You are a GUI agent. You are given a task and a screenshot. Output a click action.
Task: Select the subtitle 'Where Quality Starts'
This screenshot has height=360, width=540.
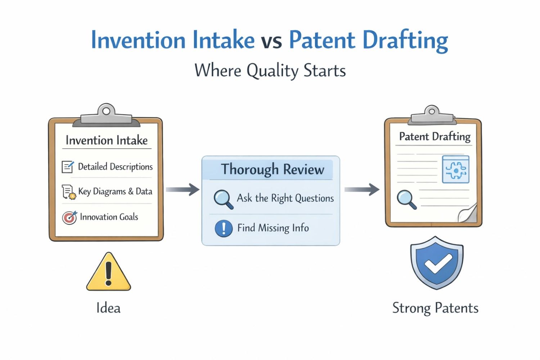(270, 70)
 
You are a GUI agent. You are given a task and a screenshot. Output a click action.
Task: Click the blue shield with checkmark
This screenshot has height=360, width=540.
(437, 263)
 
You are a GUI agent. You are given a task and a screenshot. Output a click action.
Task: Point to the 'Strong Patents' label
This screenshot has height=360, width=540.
(435, 308)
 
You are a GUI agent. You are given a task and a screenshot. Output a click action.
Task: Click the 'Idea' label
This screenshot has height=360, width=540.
(108, 308)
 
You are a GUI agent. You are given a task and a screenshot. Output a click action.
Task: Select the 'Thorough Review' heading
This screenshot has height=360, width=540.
(273, 169)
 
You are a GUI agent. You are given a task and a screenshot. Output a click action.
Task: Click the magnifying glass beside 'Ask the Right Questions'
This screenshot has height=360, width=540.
(223, 199)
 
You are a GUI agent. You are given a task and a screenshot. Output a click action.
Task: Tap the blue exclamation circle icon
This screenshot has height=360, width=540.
(224, 228)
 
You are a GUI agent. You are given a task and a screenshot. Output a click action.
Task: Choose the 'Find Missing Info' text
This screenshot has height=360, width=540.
(273, 228)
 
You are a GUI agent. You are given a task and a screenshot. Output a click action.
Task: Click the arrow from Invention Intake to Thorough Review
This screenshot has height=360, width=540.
(183, 189)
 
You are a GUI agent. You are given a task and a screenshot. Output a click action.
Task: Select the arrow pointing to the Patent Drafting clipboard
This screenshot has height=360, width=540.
(362, 189)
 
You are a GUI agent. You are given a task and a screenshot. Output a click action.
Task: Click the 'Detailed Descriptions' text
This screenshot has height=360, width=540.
(115, 167)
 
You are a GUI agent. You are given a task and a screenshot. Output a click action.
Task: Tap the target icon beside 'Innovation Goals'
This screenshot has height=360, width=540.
(69, 217)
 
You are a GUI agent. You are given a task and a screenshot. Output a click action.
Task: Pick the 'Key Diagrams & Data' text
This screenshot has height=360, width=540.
(115, 192)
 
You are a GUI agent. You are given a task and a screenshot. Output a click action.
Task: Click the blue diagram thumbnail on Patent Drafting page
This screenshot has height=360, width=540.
(455, 169)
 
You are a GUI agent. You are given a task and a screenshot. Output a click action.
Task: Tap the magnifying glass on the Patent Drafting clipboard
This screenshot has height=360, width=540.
(406, 199)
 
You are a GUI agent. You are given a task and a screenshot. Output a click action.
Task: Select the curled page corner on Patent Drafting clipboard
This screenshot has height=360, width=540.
(468, 214)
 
